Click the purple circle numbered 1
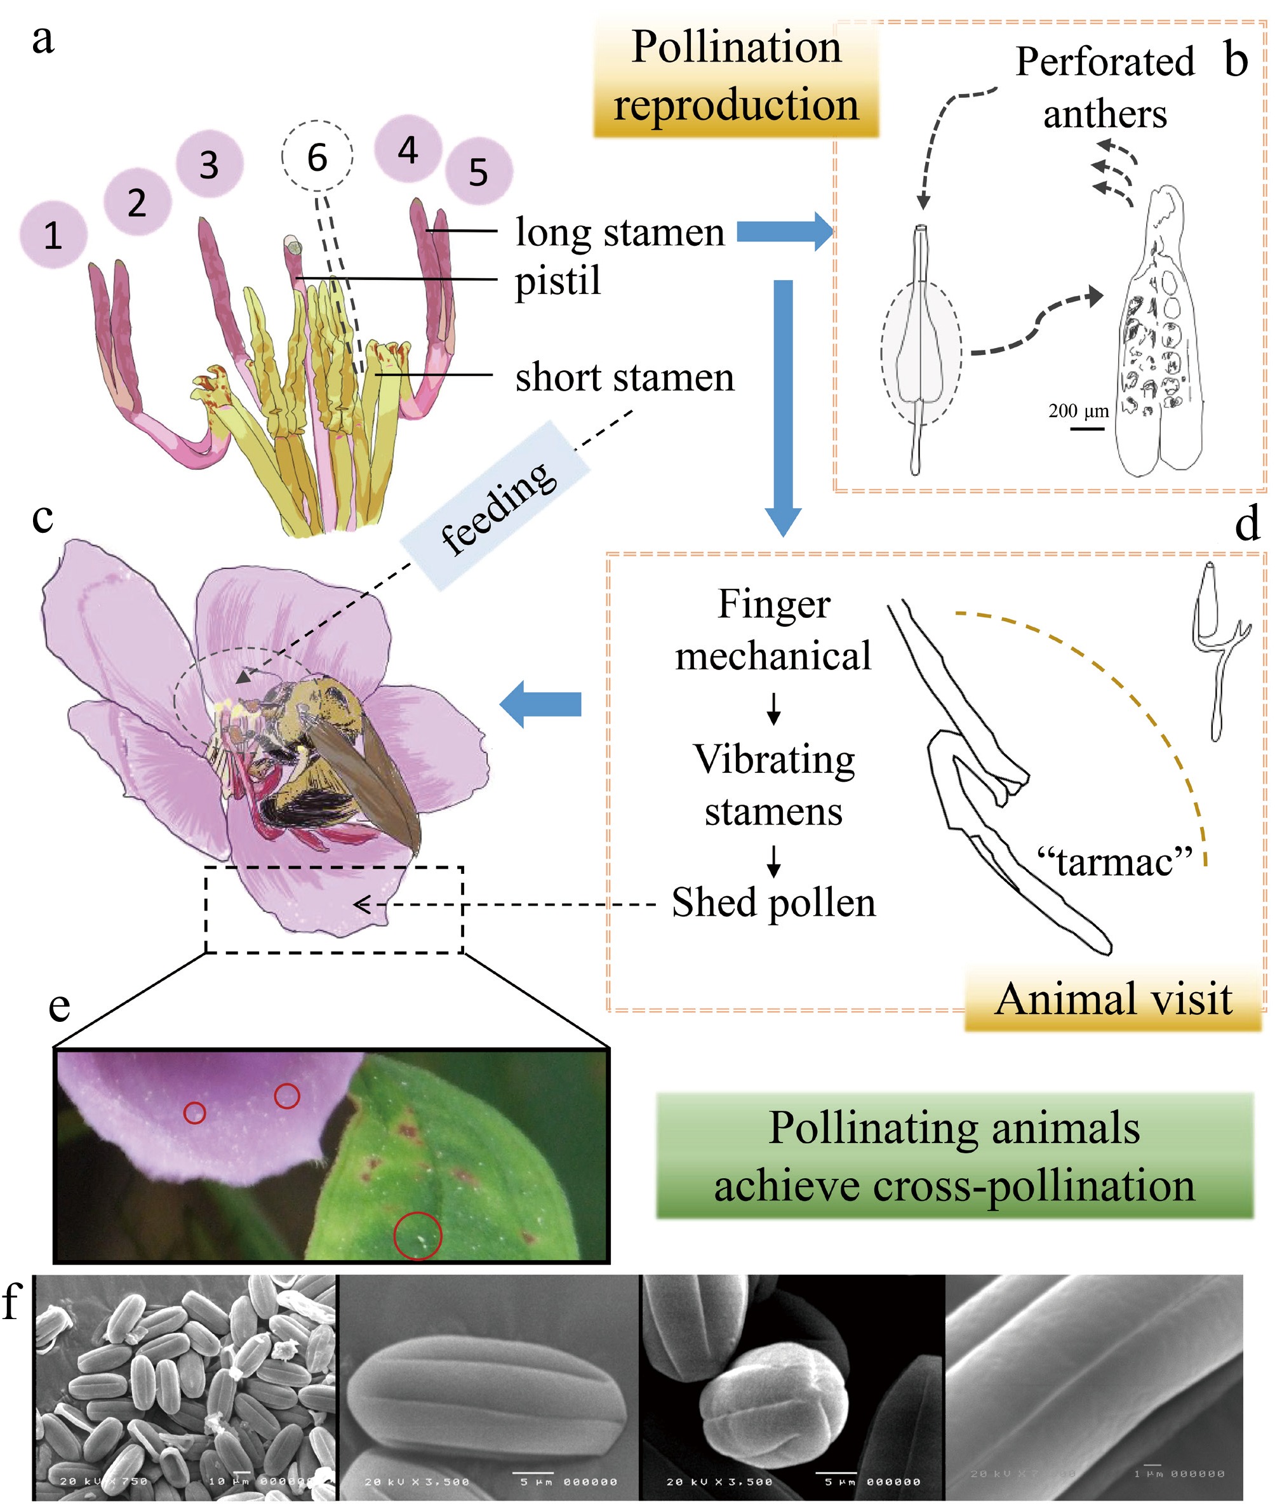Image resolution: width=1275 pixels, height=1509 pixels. [x=53, y=235]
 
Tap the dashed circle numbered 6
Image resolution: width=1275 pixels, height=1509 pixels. [x=317, y=156]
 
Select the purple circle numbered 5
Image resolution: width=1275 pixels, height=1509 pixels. [x=479, y=172]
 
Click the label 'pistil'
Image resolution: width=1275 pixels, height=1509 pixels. [x=557, y=281]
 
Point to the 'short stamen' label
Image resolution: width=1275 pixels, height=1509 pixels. [x=625, y=377]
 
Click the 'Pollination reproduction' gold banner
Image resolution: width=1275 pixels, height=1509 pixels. [x=736, y=77]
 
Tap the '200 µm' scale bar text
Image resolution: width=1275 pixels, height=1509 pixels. [x=1078, y=411]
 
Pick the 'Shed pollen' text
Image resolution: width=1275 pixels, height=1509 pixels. [x=773, y=902]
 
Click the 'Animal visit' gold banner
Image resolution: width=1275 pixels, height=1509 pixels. [x=1112, y=999]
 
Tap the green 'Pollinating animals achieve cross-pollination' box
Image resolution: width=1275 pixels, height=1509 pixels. [x=954, y=1156]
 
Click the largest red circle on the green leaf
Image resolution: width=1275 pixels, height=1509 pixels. [x=417, y=1236]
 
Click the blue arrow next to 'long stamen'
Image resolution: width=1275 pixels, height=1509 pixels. [x=785, y=232]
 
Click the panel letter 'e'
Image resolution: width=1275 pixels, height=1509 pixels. [x=59, y=1007]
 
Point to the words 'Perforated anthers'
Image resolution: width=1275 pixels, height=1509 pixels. [x=1104, y=88]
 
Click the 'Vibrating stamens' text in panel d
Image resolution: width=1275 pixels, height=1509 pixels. [x=773, y=785]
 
